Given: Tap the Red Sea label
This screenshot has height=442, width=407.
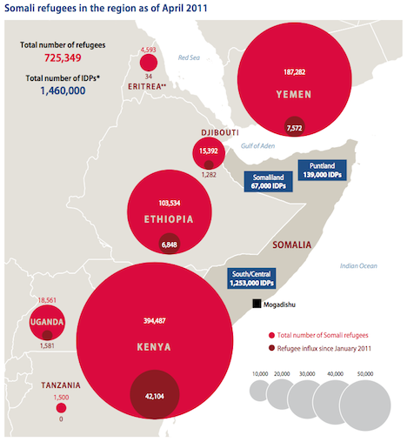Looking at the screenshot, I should click(190, 57).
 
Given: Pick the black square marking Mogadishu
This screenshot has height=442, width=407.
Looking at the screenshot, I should click(257, 304).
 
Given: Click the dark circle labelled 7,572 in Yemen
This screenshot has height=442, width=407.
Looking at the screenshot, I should click(294, 127).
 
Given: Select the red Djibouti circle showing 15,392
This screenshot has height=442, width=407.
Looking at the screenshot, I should click(208, 153).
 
